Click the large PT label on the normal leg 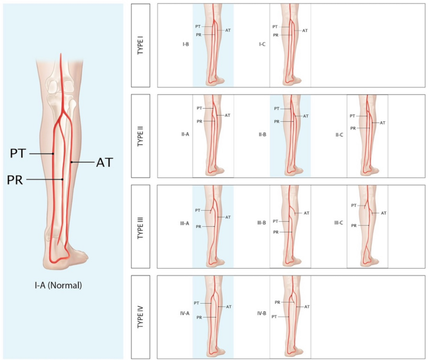[18, 153]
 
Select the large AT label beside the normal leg [104, 162]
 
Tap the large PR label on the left [16, 180]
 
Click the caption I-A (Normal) [58, 285]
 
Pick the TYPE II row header [141, 135]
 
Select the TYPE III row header [141, 226]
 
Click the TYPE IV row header [141, 316]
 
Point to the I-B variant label [186, 45]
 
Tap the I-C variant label [263, 45]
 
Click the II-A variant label [186, 134]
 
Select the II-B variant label [263, 134]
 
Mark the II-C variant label [340, 134]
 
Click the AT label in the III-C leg [384, 213]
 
